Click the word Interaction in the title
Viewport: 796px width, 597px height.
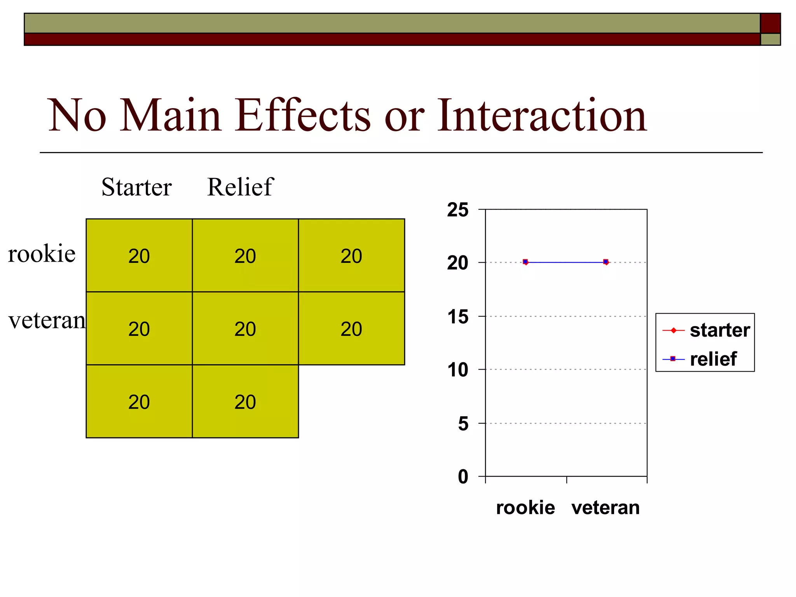click(x=542, y=115)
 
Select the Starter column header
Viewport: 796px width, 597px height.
click(x=136, y=187)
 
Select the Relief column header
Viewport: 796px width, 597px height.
click(x=240, y=187)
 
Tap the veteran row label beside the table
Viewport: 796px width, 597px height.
click(x=47, y=321)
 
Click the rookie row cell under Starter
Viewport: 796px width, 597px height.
click(x=139, y=256)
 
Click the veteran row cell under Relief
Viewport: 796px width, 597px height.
click(x=245, y=329)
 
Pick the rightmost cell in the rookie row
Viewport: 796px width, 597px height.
click(x=351, y=256)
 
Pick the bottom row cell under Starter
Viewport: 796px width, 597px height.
click(x=139, y=401)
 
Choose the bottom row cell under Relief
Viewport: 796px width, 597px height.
click(x=245, y=401)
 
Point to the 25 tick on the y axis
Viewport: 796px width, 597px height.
click(x=458, y=210)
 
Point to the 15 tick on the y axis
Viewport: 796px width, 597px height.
click(x=458, y=317)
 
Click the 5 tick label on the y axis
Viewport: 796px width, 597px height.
click(x=463, y=423)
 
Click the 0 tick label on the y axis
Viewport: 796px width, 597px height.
click(x=463, y=477)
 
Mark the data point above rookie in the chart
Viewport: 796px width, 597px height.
click(x=525, y=262)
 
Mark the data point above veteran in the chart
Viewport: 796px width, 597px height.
click(x=606, y=262)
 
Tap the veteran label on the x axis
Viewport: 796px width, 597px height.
click(x=606, y=508)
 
